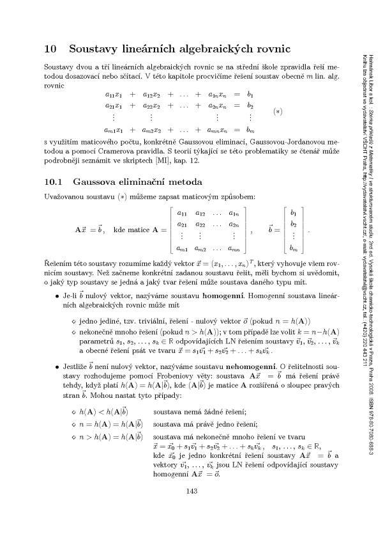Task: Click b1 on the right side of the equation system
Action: [x=250, y=93]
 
